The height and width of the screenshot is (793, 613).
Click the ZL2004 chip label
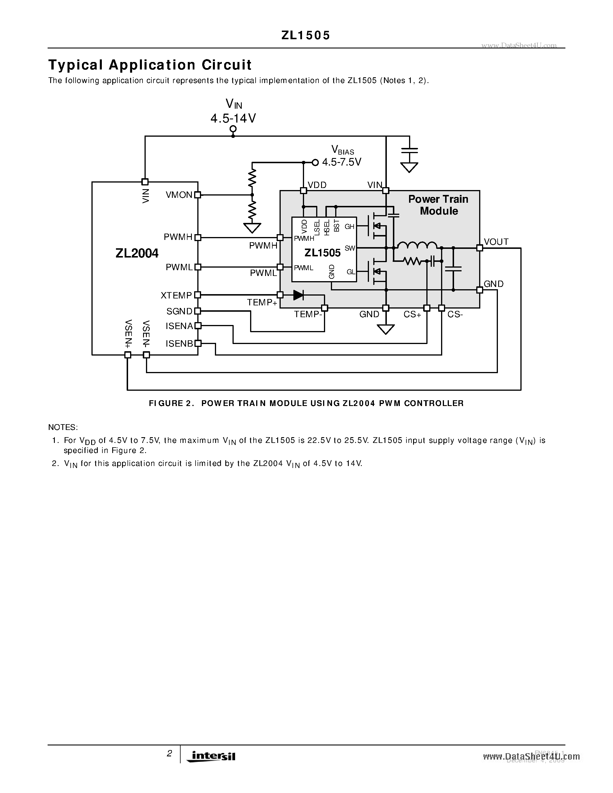pos(137,253)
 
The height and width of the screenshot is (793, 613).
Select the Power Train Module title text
pos(438,205)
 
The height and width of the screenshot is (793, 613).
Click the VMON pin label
pos(179,195)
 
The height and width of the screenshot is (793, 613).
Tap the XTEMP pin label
pos(176,296)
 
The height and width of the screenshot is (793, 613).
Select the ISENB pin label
pos(179,343)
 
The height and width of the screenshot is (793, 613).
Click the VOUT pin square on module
pos(479,248)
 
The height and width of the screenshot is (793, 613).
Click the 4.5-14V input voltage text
pos(233,118)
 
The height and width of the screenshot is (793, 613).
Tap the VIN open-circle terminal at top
pos(233,129)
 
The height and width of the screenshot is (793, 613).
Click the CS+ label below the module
pos(412,314)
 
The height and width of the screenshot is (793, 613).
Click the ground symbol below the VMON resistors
pos(252,228)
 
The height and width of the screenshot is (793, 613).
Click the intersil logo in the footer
pos(211,756)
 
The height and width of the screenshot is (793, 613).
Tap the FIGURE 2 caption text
pos(306,403)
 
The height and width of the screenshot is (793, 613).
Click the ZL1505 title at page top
pos(306,35)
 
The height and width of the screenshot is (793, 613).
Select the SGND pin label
pos(179,311)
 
